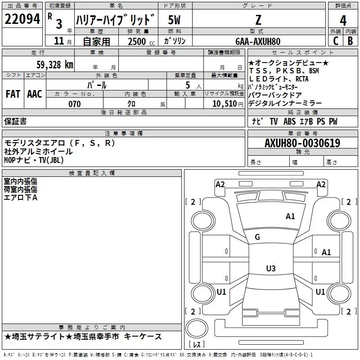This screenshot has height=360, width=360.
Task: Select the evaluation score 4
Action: (343, 20)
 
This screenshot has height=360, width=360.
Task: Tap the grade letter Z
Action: (258, 20)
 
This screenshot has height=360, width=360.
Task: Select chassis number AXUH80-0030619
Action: (302, 143)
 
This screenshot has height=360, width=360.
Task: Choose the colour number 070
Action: (74, 104)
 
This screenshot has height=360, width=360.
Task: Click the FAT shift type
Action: (13, 94)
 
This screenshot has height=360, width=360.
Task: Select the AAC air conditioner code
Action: (35, 94)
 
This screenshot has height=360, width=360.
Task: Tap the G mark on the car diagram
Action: (257, 237)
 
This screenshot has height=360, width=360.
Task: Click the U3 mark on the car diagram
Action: (270, 269)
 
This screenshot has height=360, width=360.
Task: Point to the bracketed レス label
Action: (197, 345)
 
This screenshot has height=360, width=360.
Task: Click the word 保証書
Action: (15, 121)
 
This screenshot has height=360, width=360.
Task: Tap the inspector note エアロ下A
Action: (20, 197)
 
